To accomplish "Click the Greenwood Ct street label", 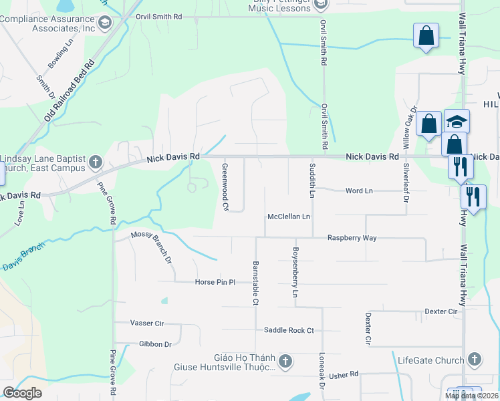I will (x=225, y=187).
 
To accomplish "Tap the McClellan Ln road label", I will (x=289, y=217).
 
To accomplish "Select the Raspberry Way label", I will (x=352, y=238).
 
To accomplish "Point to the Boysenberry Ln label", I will (x=294, y=273).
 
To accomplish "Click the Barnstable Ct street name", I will (x=255, y=283).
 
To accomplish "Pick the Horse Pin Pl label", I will (x=215, y=282).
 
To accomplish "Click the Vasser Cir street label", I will (x=147, y=323).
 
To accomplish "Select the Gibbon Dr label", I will (x=155, y=344).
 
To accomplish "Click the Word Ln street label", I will (x=358, y=191).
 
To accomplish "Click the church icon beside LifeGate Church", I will (x=475, y=360).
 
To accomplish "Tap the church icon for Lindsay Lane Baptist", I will (x=96, y=162).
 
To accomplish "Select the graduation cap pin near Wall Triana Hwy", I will (x=457, y=121).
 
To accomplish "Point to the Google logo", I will (x=23, y=393).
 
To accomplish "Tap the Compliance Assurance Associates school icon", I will (x=104, y=23).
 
